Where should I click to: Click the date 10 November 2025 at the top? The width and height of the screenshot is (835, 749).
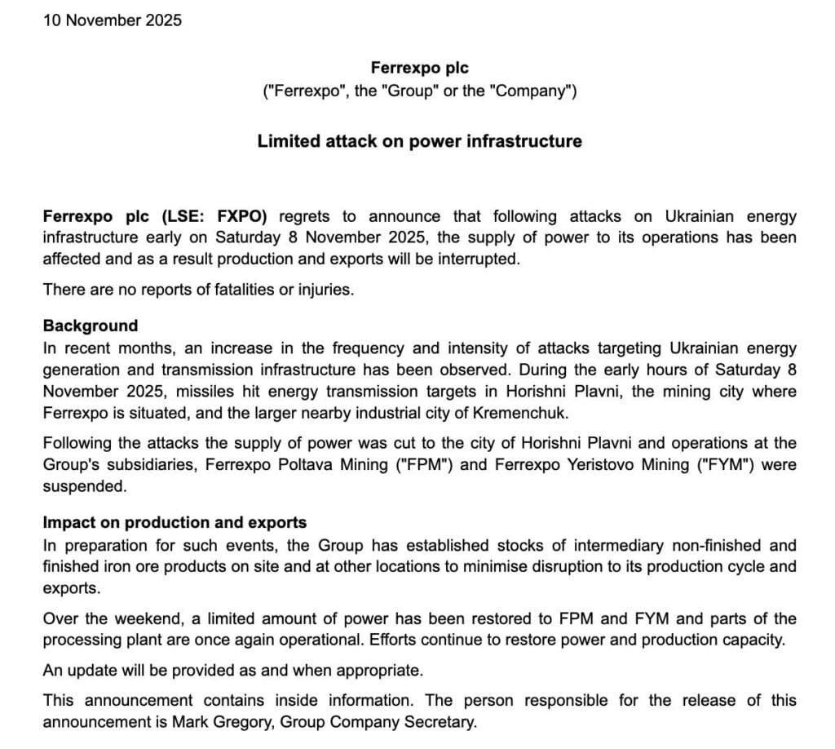point(113,20)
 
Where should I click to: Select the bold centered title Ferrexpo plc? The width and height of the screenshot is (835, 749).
point(419,69)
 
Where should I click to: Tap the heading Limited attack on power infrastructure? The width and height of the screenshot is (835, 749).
point(419,141)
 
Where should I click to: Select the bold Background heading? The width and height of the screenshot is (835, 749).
point(91,326)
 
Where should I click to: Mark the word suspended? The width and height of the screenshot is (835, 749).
point(84,485)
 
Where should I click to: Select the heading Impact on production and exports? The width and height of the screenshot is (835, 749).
point(175,522)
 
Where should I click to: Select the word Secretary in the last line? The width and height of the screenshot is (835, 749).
point(440,721)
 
